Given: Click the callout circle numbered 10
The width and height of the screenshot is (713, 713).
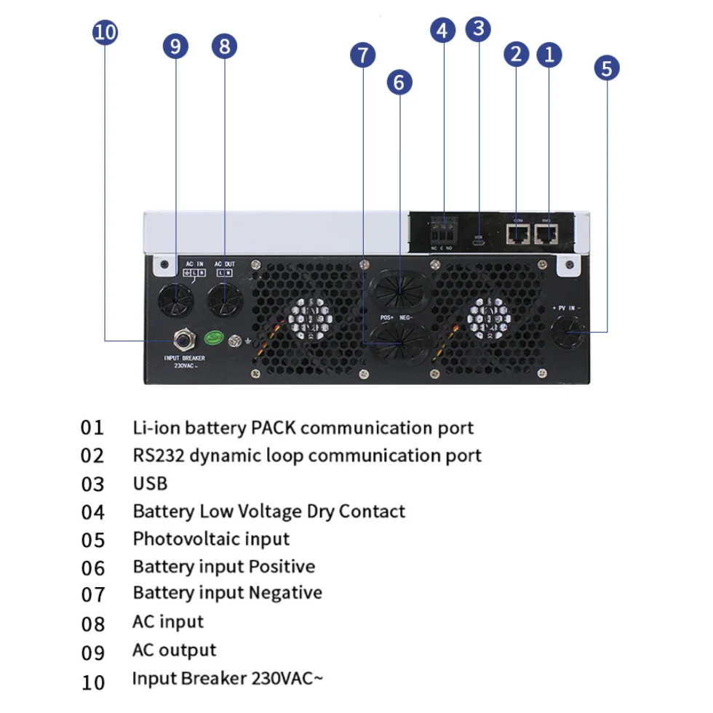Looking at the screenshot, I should coord(105,33).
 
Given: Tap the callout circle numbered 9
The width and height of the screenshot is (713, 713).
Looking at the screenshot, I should coord(175,47).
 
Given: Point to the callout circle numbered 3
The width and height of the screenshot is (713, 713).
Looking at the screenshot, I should coord(477,28).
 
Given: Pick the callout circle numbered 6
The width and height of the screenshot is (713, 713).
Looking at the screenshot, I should coord(398,82).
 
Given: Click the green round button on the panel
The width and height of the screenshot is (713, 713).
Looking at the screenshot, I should coord(214,338).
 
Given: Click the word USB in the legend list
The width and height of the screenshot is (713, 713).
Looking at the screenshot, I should coord(150,483).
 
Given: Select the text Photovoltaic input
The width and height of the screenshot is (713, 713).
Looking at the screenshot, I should coord(211,539).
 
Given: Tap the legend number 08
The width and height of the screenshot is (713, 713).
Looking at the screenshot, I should coord(93,624).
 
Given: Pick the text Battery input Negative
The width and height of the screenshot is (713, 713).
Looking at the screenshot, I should coord(227,593).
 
